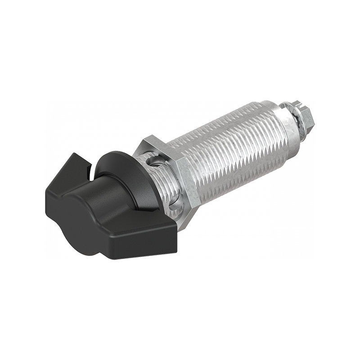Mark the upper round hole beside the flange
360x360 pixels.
[151, 161]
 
